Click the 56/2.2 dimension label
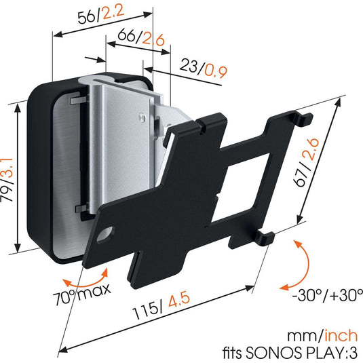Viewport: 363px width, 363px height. [x=101, y=14]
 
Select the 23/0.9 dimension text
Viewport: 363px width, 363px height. [x=204, y=68]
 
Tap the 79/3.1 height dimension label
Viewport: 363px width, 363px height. [x=7, y=180]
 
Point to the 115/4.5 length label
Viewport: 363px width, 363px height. [x=161, y=305]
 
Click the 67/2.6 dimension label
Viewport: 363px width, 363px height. [x=306, y=162]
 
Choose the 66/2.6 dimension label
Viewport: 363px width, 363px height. [x=141, y=38]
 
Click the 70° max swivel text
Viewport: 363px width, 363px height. [x=81, y=294]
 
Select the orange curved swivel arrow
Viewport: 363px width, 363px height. [x=86, y=283]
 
